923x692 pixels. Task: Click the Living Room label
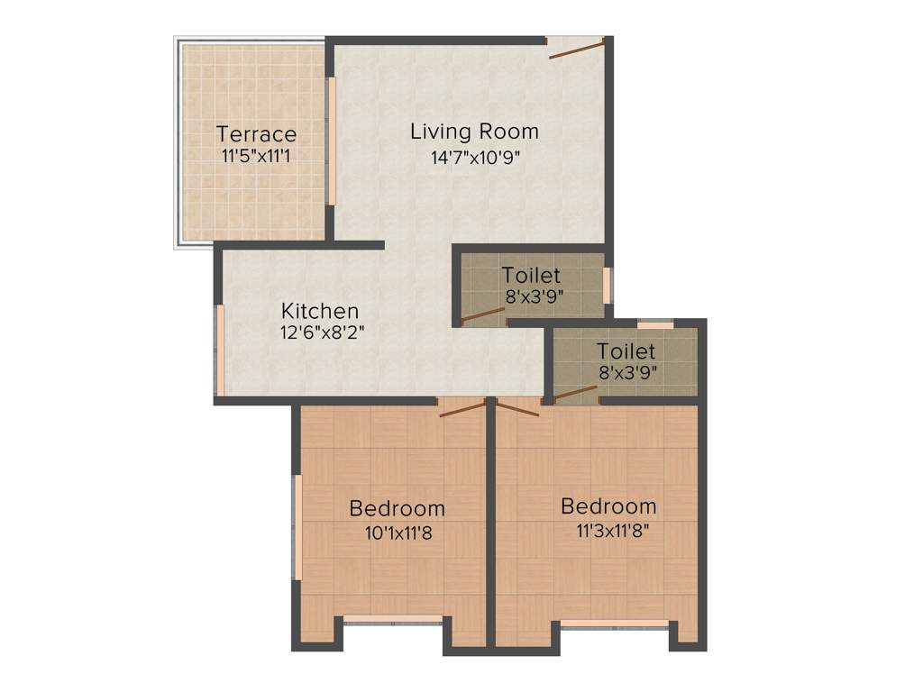[474, 132]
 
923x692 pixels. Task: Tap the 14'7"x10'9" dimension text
[476, 158]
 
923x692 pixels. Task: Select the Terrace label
[256, 135]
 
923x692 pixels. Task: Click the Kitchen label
[319, 311]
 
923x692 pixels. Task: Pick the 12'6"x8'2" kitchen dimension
[322, 332]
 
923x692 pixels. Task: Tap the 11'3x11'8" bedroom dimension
[613, 530]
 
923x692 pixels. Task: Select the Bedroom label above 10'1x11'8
[397, 509]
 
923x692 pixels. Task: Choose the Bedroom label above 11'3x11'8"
[608, 505]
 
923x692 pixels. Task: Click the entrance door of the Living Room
[576, 49]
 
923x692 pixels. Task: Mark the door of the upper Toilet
[482, 314]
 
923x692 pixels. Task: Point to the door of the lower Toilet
[573, 394]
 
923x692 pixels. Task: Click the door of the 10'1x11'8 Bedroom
[462, 408]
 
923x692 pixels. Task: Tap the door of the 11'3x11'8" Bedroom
[516, 408]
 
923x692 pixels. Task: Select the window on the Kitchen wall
[217, 350]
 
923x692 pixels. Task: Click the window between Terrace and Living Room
[331, 141]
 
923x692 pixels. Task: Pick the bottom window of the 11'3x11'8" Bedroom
[615, 623]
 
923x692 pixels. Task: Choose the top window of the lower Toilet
[655, 324]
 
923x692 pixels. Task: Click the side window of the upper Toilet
[607, 284]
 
